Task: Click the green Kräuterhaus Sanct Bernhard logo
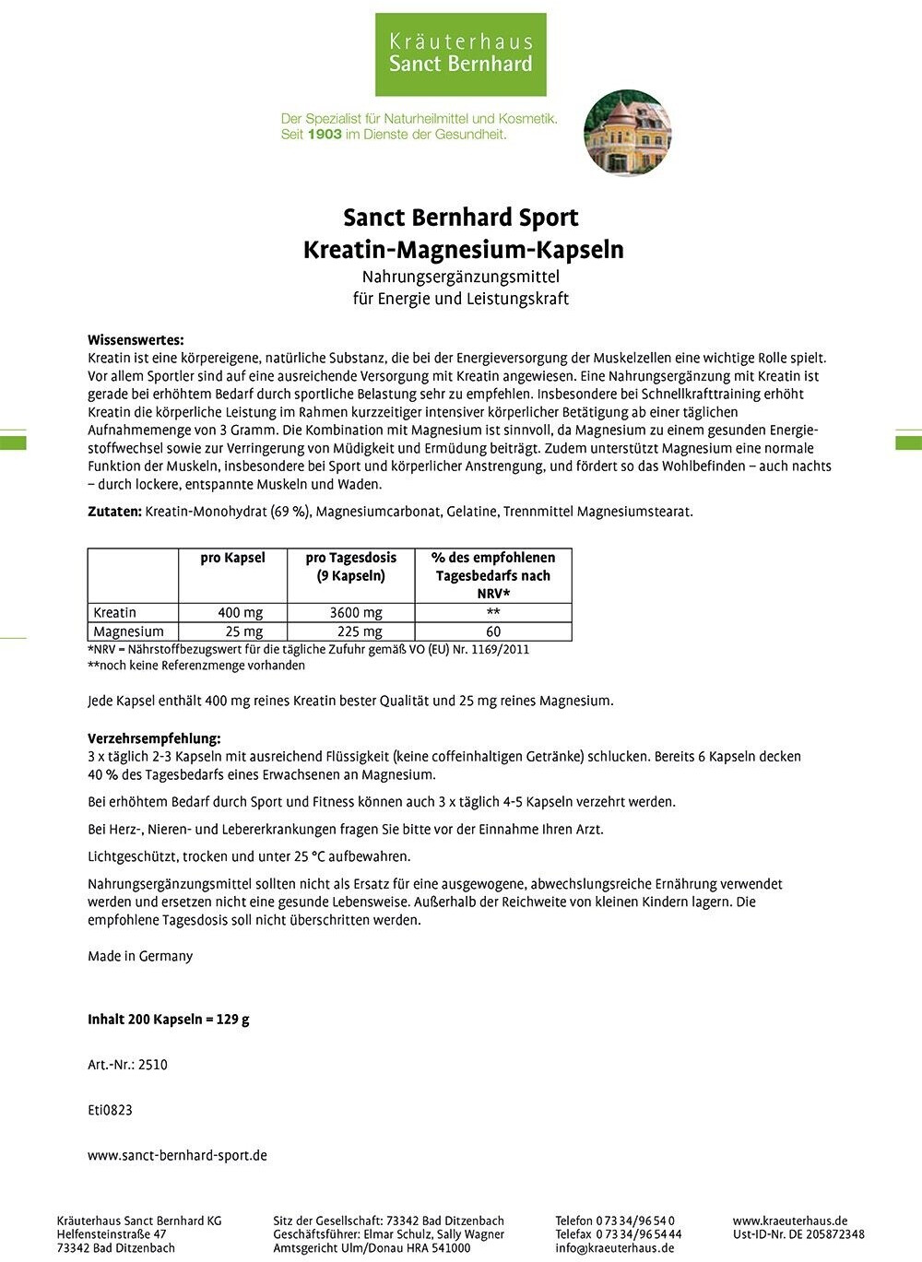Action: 460,53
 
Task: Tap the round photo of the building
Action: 628,133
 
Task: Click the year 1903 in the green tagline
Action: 325,135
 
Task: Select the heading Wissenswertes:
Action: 136,340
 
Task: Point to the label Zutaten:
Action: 115,512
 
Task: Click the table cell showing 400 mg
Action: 241,613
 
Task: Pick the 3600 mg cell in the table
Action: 356,613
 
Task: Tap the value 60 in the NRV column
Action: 493,632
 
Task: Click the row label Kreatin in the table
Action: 115,613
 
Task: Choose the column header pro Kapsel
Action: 232,558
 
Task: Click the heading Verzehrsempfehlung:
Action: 154,738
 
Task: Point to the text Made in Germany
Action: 140,956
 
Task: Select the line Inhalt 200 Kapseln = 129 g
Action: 169,1020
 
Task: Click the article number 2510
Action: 153,1065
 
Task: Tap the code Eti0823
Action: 111,1110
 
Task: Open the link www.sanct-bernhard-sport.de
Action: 177,1155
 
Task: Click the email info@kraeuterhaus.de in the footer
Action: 614,1248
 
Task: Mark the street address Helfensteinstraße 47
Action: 112,1234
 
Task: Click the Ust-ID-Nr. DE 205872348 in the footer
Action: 798,1234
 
